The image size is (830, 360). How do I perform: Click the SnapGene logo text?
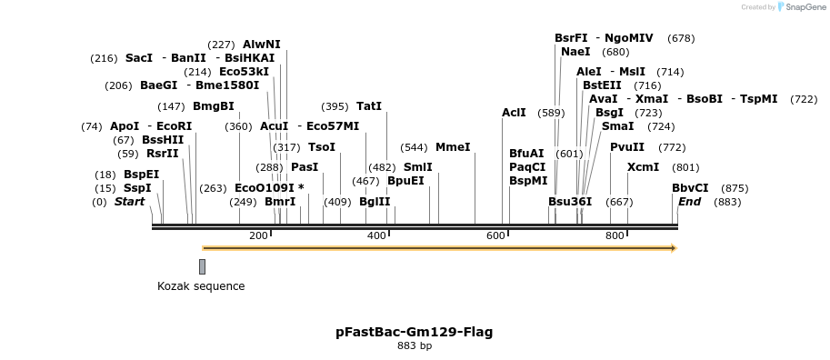(x=803, y=7)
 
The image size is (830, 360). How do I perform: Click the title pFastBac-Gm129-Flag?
(x=415, y=332)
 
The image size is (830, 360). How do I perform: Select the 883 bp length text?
(x=415, y=346)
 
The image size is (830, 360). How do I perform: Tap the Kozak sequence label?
(x=201, y=286)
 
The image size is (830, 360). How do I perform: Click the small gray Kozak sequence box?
(x=202, y=266)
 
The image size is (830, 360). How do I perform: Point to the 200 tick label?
(x=258, y=236)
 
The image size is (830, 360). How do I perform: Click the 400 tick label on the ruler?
(x=376, y=236)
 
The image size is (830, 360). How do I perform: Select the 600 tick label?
(x=495, y=236)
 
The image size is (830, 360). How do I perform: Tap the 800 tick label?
(x=615, y=236)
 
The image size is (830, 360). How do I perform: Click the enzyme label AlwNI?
(x=262, y=44)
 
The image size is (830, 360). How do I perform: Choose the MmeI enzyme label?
(x=453, y=146)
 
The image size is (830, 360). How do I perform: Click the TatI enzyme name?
(x=369, y=106)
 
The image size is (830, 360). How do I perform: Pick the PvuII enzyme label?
(x=627, y=146)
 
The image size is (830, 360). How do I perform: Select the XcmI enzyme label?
(x=644, y=167)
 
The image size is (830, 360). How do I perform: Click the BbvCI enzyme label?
(x=690, y=188)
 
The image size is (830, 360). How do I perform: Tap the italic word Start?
(x=129, y=202)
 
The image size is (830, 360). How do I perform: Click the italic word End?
(x=690, y=202)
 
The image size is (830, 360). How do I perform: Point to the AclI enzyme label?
(x=514, y=113)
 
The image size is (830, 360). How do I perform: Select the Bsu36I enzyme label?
(x=570, y=202)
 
